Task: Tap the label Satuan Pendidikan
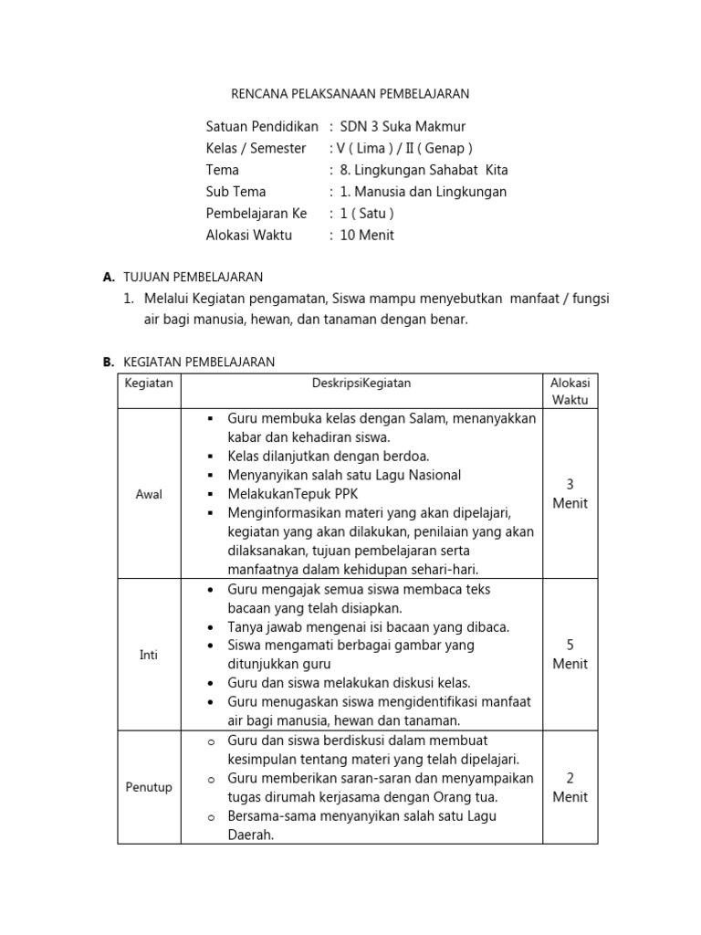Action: point(262,126)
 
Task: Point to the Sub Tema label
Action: point(235,192)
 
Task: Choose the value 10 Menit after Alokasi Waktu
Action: point(367,235)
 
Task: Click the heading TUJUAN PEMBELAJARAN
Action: point(193,277)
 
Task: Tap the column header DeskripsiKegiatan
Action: point(361,383)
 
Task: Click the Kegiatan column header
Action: point(149,383)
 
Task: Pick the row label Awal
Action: point(149,494)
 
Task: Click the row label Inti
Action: point(149,655)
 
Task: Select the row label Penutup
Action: point(149,787)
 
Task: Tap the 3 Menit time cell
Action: point(570,494)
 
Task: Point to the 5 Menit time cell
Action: point(570,655)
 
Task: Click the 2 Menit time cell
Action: point(570,787)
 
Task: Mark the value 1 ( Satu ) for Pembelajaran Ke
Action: point(366,214)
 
